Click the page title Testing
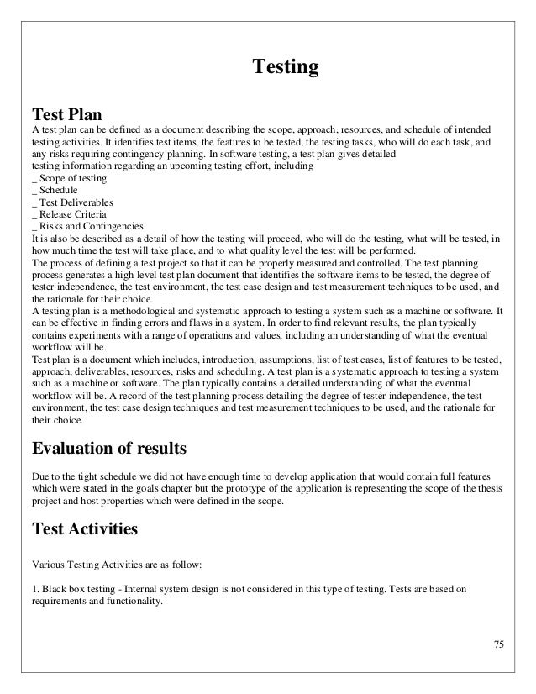(x=286, y=66)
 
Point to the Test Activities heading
(x=86, y=529)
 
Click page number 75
(x=498, y=644)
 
